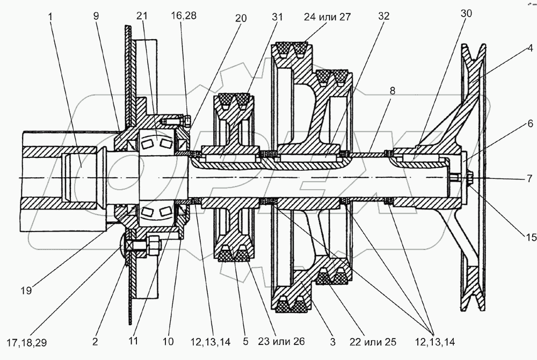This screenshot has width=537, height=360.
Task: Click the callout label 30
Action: (x=466, y=14)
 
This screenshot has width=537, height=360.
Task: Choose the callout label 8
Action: (x=393, y=91)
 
